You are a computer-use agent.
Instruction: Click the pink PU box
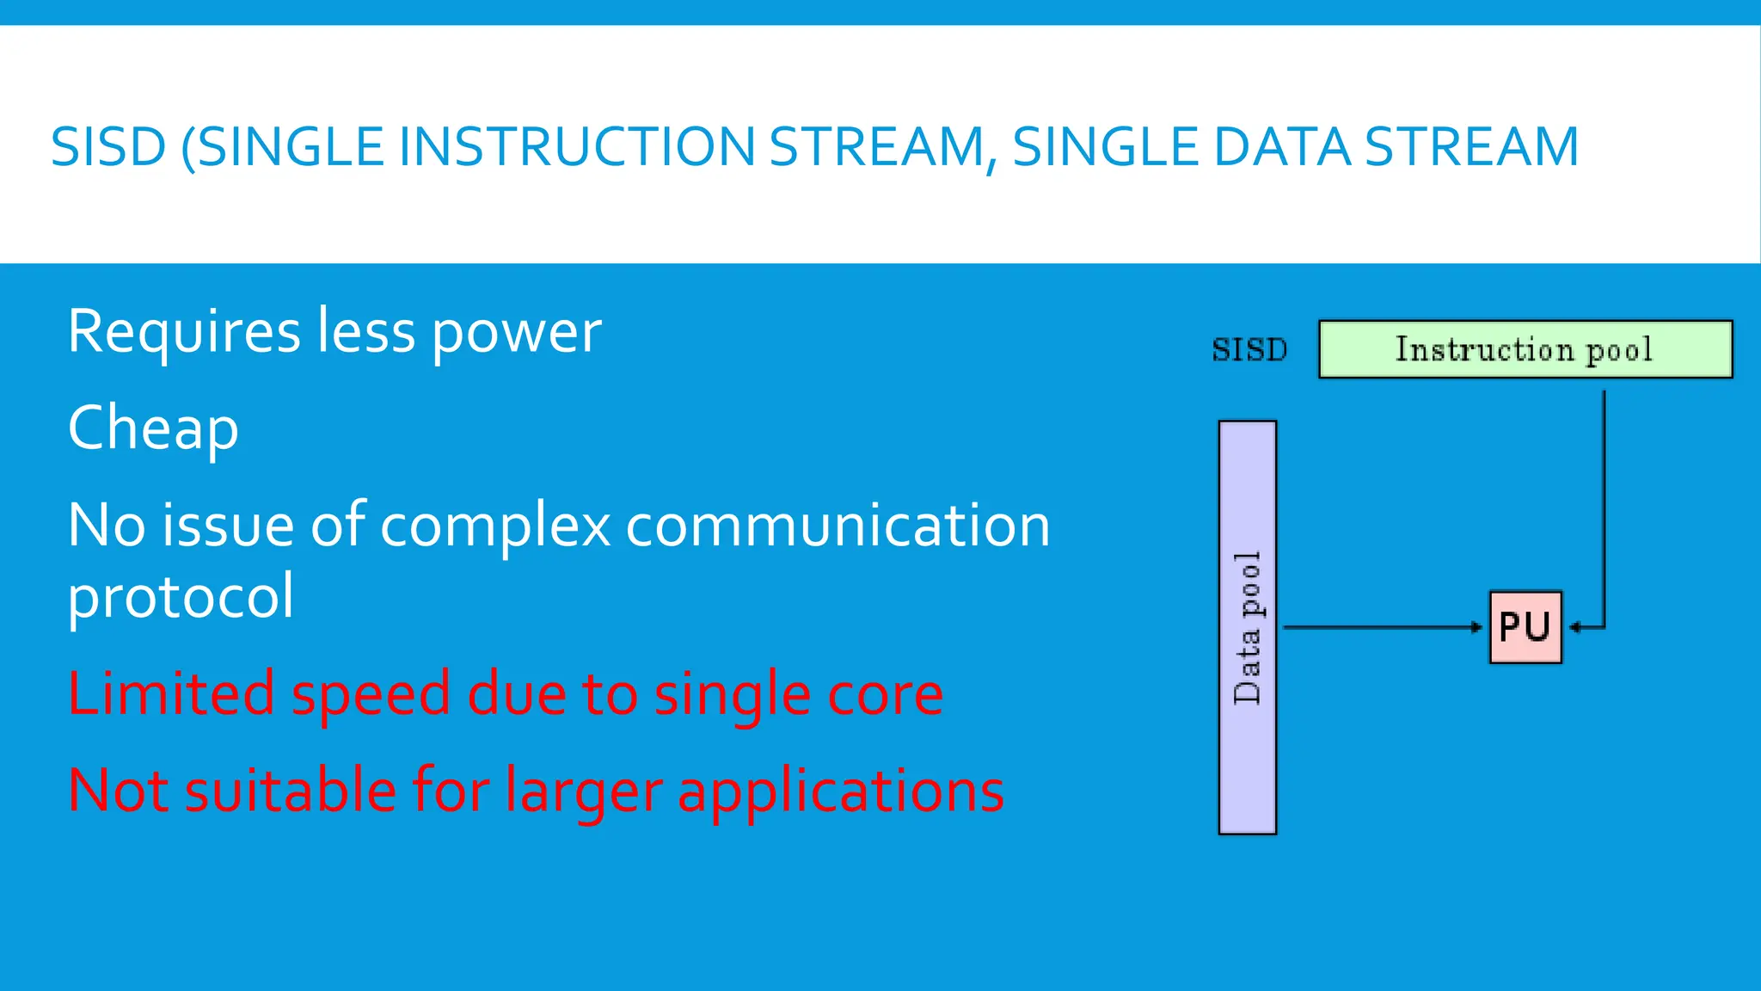tap(1525, 627)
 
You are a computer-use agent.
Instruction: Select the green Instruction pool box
tap(1525, 349)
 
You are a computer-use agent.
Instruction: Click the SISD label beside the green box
tap(1249, 350)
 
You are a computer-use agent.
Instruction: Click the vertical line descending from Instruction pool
tap(1604, 508)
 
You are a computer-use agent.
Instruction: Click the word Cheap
tap(153, 428)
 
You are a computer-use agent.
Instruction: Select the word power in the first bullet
tap(516, 333)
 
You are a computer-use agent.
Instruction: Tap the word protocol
tap(181, 597)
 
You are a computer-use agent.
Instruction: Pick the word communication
tap(838, 526)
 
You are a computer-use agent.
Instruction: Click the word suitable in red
tap(289, 791)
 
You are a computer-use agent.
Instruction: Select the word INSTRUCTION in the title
tap(577, 147)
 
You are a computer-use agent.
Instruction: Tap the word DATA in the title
tap(1281, 147)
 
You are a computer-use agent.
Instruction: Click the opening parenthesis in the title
tap(188, 148)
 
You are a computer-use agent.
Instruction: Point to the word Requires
tap(184, 332)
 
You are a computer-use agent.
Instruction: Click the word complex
tap(495, 527)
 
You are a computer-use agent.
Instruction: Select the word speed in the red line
tap(370, 695)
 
